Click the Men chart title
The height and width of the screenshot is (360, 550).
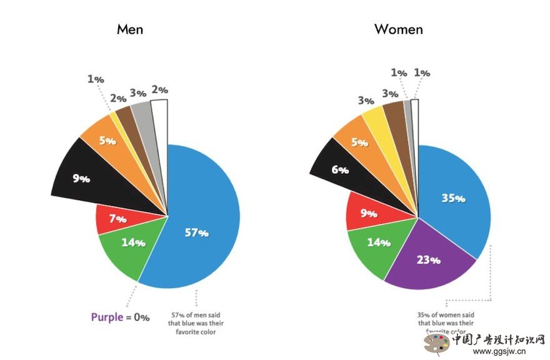[129, 29]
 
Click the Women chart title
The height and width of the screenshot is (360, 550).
[398, 29]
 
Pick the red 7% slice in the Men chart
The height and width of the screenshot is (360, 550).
[116, 219]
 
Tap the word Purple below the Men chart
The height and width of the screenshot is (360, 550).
[107, 317]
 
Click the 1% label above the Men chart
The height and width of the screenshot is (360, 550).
[95, 79]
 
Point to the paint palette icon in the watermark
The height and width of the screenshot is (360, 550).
[437, 342]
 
